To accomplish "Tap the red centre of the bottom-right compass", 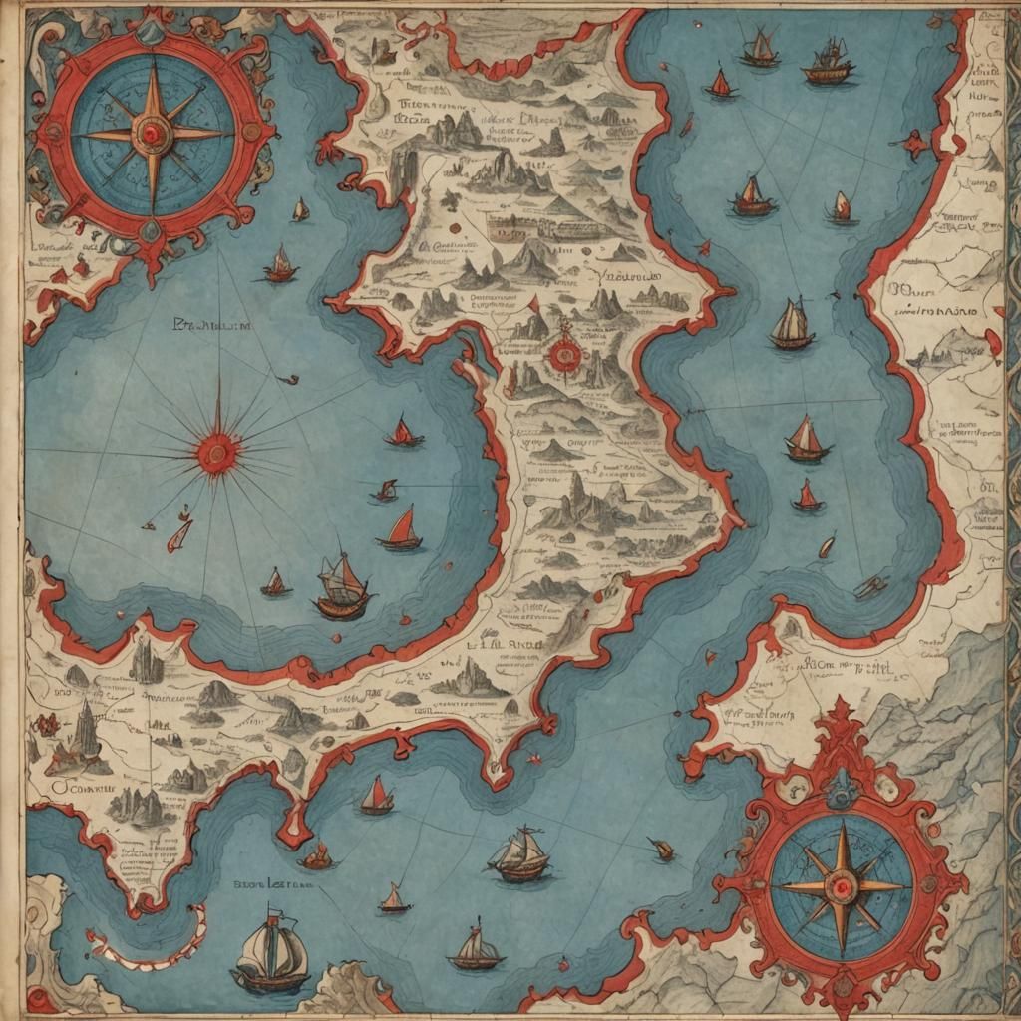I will (x=840, y=885).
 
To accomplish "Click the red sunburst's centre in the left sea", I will (x=217, y=454).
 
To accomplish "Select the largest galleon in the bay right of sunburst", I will (x=342, y=588).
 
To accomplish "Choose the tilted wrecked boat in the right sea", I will (x=869, y=588).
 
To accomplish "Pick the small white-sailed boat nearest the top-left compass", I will (x=299, y=210).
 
